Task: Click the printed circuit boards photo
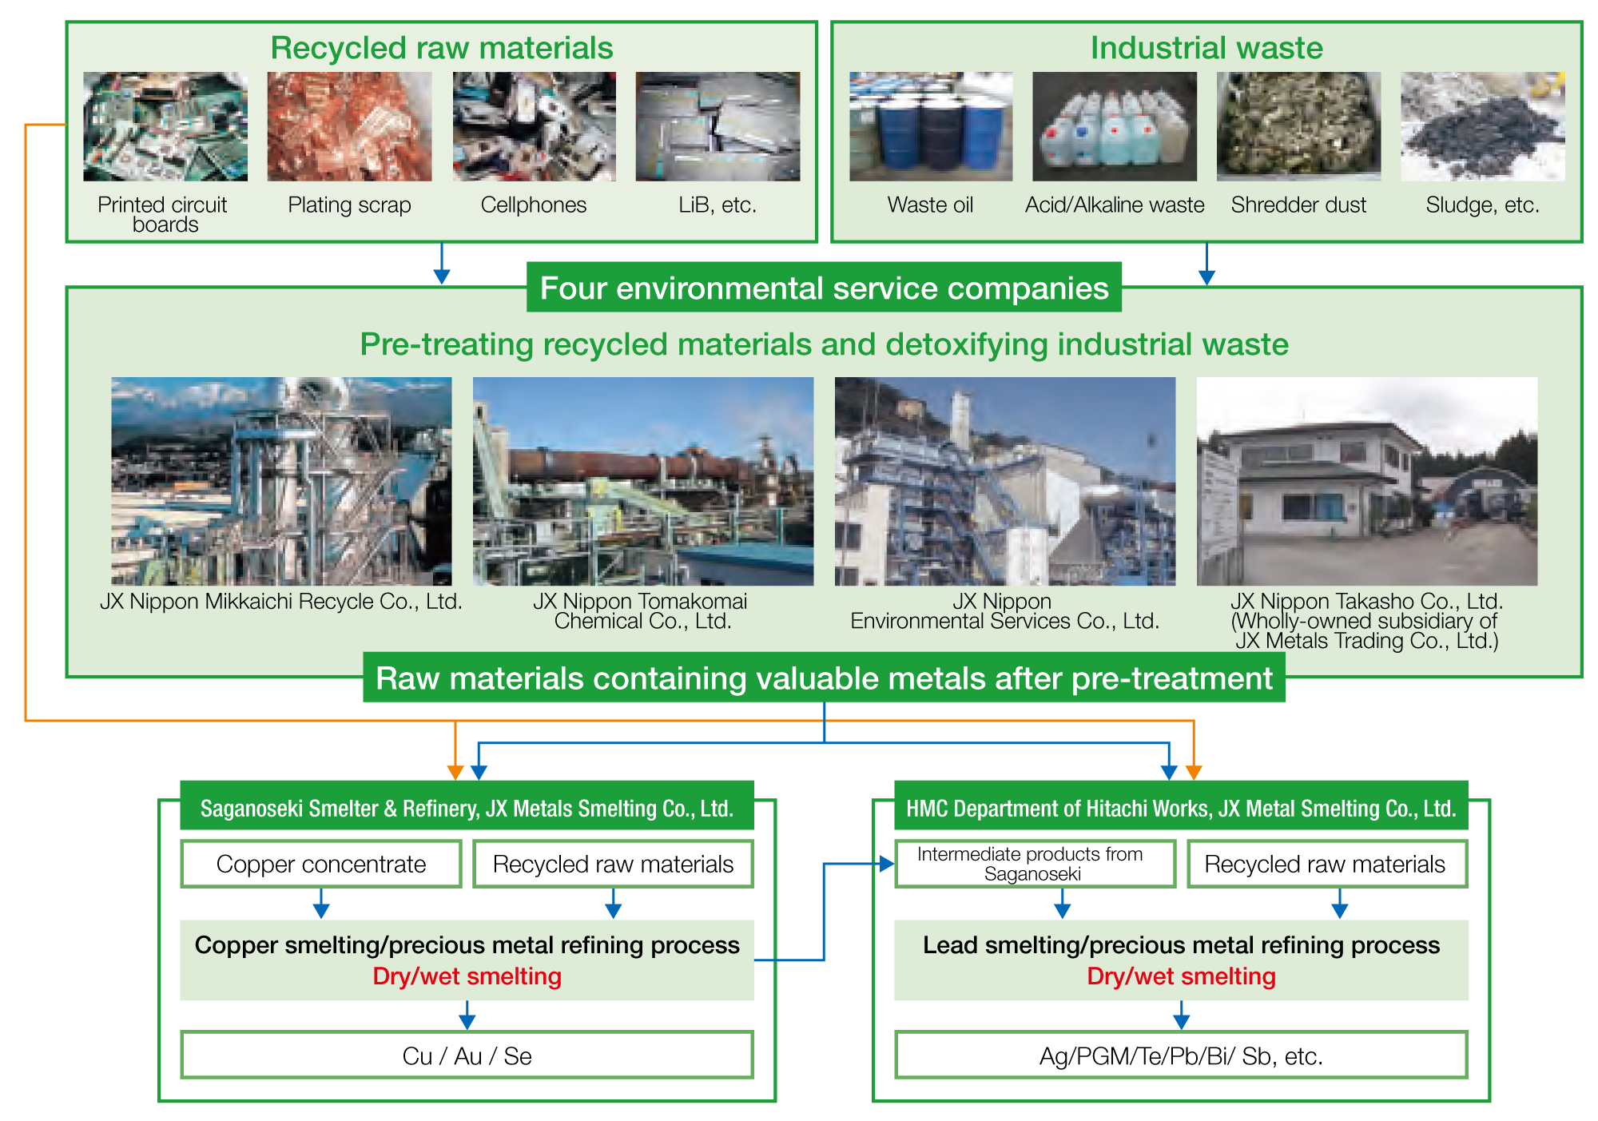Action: [x=165, y=126]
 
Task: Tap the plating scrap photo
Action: [x=349, y=126]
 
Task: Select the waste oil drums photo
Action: [x=931, y=126]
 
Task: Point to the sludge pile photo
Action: [x=1482, y=126]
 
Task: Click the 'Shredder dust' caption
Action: [x=1298, y=205]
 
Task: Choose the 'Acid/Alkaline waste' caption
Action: [x=1115, y=205]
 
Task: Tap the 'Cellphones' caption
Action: [x=534, y=205]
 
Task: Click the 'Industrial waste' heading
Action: [x=1206, y=48]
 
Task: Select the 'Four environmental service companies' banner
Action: [x=824, y=288]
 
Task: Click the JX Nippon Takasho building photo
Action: [x=1367, y=481]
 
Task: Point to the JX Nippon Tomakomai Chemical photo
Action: [x=643, y=481]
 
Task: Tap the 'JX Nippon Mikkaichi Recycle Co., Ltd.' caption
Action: [x=281, y=602]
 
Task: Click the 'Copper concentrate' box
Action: [x=321, y=864]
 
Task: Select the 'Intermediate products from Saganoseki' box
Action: [x=1035, y=864]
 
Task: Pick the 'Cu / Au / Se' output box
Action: [x=467, y=1055]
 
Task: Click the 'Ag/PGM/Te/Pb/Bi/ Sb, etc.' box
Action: [x=1181, y=1055]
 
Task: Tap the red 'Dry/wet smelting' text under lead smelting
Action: [x=1181, y=976]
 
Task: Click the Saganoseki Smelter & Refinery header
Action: [x=467, y=809]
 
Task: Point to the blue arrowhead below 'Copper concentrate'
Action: [x=321, y=911]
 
